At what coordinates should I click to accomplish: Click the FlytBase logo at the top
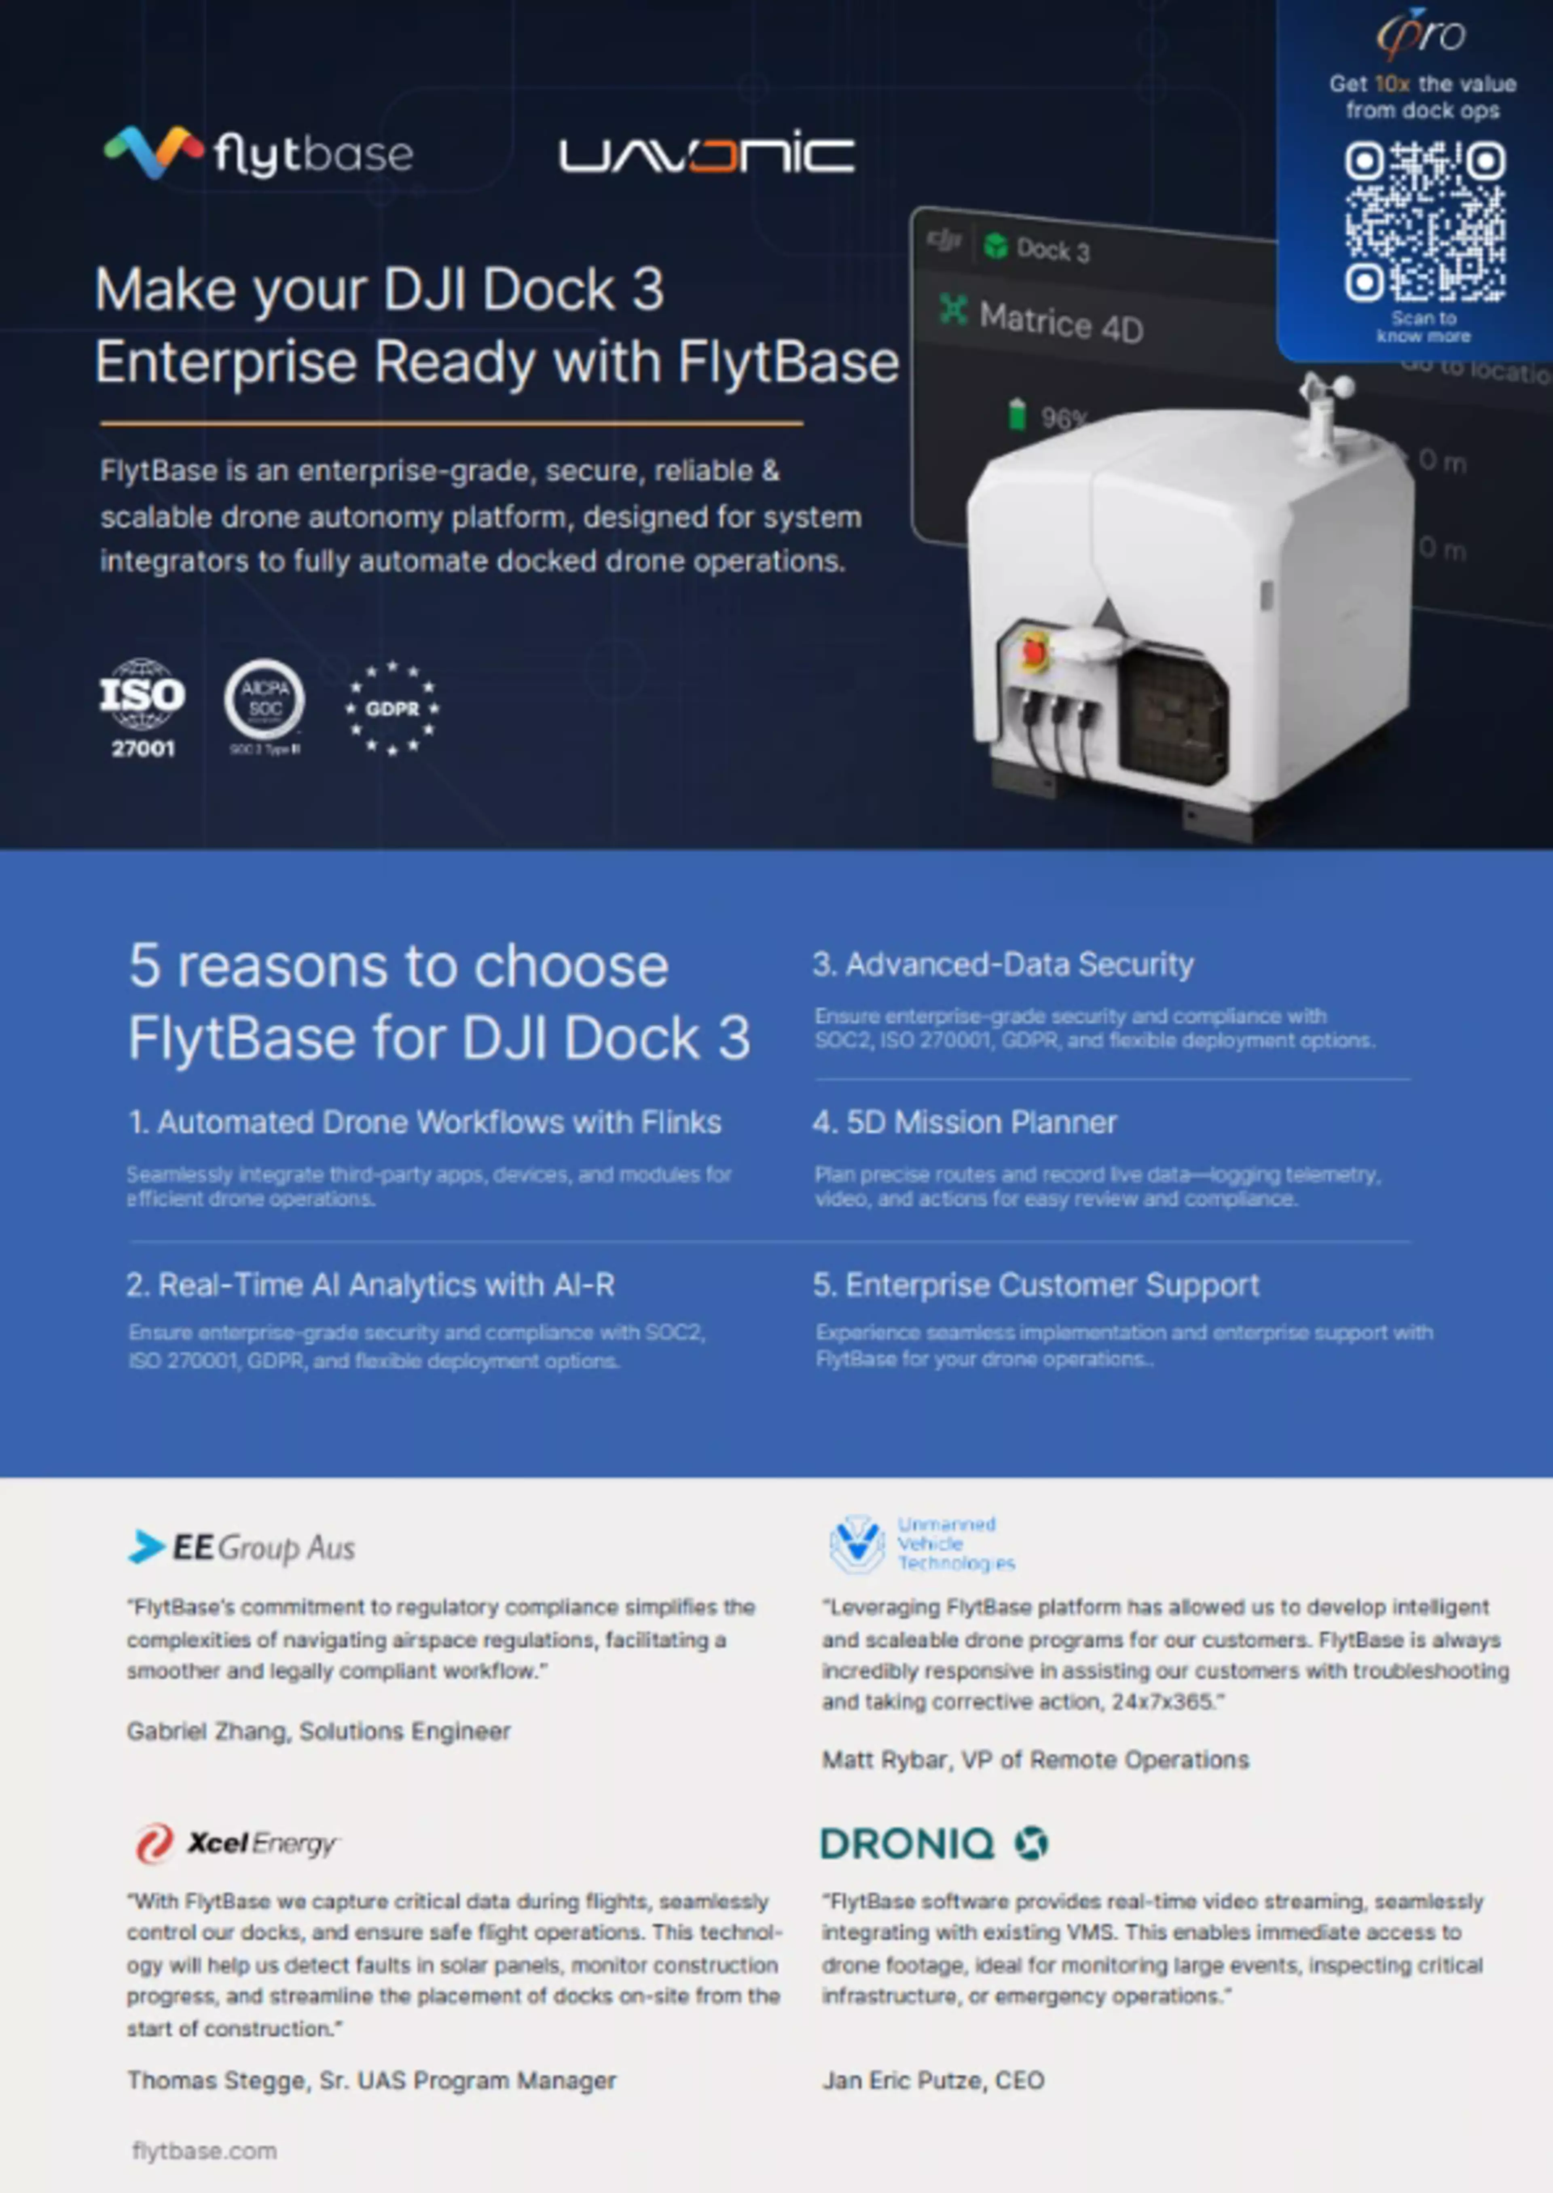coord(258,153)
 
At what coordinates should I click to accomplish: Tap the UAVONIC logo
coord(706,155)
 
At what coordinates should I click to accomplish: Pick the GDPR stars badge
coord(392,708)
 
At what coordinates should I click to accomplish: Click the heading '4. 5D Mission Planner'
coord(964,1122)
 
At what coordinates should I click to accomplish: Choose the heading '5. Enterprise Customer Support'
coord(1036,1284)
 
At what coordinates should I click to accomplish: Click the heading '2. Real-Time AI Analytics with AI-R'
coord(371,1284)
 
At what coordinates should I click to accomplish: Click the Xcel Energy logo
coord(236,1842)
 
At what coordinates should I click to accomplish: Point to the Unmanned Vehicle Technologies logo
coord(921,1544)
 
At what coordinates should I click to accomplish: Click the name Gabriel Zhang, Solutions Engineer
coord(318,1731)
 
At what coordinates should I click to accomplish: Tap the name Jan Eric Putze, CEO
coord(932,2080)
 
